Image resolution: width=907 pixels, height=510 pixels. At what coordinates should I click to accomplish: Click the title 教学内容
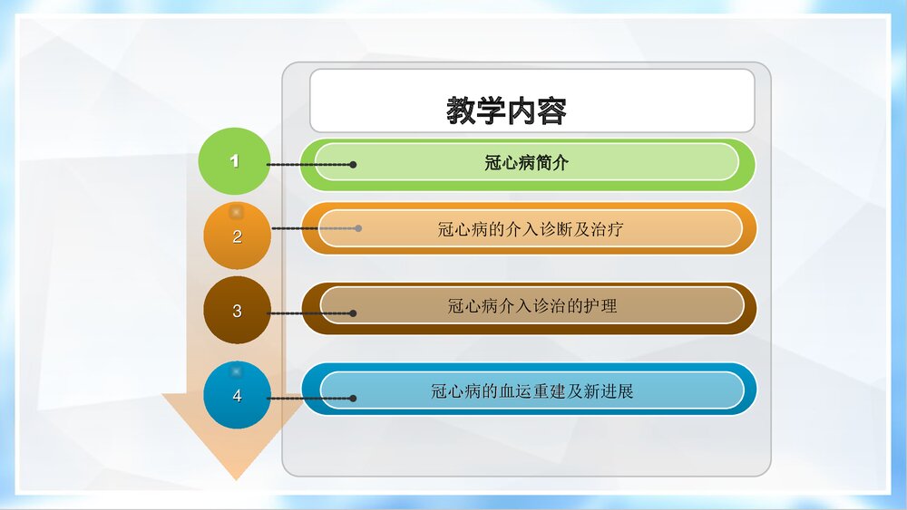[x=507, y=111]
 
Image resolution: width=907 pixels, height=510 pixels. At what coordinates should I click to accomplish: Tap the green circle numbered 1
[x=234, y=161]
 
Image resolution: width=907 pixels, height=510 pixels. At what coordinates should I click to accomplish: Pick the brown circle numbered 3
[x=237, y=311]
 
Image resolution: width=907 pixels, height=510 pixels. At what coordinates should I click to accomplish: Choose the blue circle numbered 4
[x=237, y=396]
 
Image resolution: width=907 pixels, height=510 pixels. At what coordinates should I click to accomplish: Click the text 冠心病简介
[x=527, y=163]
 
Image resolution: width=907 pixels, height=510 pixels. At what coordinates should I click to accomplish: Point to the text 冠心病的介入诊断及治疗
[x=531, y=229]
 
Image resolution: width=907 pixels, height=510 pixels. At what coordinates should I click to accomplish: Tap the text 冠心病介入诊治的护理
[x=532, y=306]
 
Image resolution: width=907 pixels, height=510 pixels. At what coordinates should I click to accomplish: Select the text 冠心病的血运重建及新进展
[x=532, y=391]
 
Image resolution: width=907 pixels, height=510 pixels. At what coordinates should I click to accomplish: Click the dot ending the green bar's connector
[x=353, y=165]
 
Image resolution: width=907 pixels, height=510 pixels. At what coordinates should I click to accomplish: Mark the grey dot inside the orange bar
[x=358, y=228]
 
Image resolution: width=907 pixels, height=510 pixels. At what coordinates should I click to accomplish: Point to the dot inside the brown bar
[x=353, y=313]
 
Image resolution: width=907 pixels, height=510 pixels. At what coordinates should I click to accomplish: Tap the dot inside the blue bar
[x=353, y=398]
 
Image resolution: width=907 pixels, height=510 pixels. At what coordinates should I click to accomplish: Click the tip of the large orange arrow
[x=235, y=476]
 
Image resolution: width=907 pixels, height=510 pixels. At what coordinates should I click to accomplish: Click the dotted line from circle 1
[x=308, y=165]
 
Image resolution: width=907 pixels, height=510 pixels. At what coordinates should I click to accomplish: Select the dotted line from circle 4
[x=308, y=398]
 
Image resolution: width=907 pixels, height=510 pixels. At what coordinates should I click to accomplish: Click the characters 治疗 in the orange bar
[x=607, y=229]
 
